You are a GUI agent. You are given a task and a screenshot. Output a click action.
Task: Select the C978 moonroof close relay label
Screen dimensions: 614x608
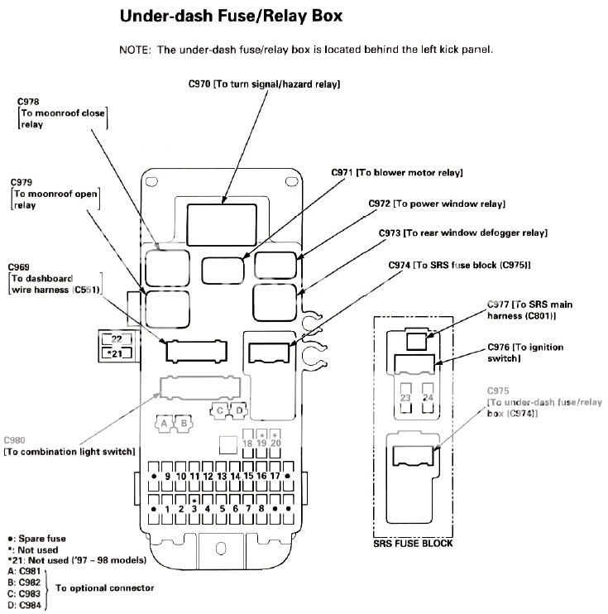tap(62, 113)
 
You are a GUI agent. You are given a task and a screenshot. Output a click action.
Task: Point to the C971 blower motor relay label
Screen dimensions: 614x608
tap(396, 172)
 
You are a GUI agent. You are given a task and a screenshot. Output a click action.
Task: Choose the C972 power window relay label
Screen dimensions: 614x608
tap(437, 203)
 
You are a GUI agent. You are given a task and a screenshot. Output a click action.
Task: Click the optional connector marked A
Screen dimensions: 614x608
tap(165, 423)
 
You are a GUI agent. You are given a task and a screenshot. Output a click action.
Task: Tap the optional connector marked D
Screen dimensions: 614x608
tap(238, 410)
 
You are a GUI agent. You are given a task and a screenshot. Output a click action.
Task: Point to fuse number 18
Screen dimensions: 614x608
tap(247, 444)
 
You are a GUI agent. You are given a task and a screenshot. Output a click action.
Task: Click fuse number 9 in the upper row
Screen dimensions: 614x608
tap(168, 477)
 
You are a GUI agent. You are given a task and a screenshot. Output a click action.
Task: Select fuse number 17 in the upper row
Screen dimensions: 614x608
tap(275, 477)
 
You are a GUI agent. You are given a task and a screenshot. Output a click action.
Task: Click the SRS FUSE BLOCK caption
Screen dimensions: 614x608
tap(413, 544)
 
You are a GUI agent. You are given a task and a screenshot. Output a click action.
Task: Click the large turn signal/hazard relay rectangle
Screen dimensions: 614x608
tap(223, 220)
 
